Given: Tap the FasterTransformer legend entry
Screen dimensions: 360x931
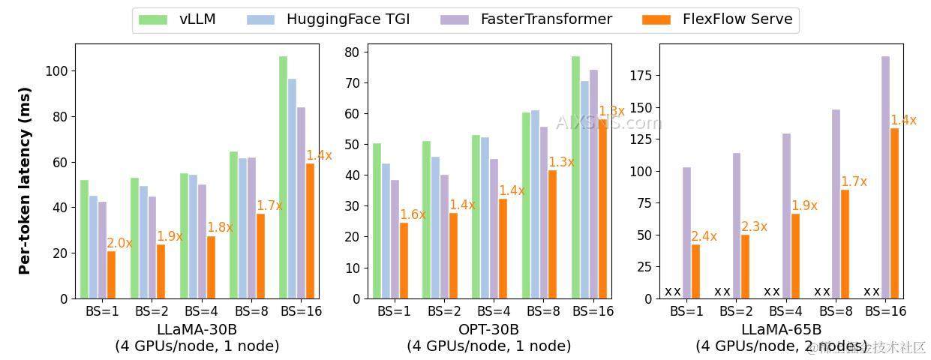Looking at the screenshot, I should click(526, 19).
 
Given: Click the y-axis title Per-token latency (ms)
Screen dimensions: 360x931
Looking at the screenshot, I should click(25, 181).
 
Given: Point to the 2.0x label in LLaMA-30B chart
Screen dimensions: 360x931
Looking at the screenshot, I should click(119, 243).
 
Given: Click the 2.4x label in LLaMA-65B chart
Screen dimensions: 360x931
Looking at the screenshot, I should click(704, 236).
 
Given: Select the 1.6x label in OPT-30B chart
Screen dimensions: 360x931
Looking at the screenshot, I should click(413, 214).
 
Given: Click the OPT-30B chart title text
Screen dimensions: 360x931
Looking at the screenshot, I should click(488, 329).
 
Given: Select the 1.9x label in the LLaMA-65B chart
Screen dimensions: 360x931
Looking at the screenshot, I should click(804, 205).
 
